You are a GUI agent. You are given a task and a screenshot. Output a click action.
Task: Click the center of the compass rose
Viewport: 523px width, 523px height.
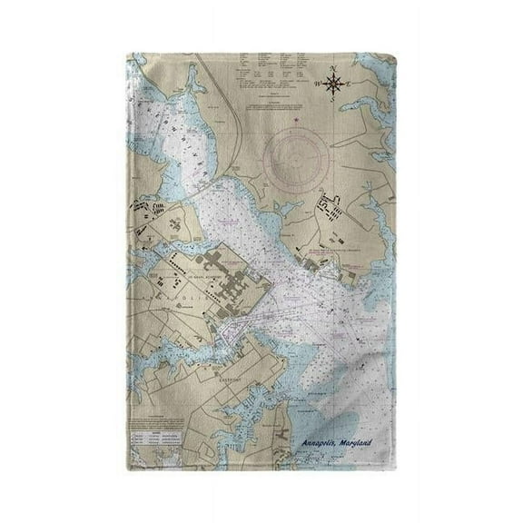[334, 84]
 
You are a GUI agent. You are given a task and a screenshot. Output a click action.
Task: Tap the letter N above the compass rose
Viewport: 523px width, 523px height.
[334, 68]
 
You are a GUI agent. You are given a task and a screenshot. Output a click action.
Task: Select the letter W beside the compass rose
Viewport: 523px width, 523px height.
[319, 84]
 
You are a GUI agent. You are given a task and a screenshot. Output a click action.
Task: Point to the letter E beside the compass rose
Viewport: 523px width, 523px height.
[350, 84]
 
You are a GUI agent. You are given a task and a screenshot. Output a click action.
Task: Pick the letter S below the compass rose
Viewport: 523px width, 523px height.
[334, 100]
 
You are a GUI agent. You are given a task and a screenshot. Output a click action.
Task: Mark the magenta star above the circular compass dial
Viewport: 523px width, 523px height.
[295, 118]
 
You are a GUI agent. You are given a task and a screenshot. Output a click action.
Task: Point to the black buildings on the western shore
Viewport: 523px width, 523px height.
[154, 218]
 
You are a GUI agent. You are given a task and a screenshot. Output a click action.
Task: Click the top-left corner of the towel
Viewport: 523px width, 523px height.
[127, 53]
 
